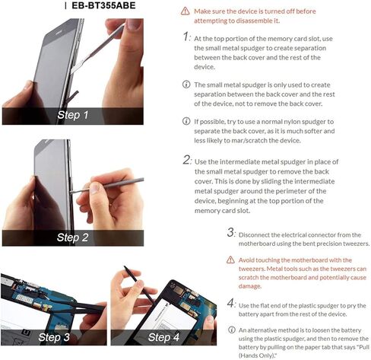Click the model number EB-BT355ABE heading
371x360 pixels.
pos(103,5)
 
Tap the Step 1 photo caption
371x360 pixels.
pos(73,115)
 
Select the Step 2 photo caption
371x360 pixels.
pos(72,237)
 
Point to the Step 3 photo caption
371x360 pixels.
pos(54,337)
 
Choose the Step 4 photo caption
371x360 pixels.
pos(163,337)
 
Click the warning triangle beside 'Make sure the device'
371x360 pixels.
pos(185,11)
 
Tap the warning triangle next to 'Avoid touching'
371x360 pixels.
pos(230,260)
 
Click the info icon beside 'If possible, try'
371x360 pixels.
pos(186,121)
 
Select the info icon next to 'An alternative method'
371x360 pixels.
pos(231,330)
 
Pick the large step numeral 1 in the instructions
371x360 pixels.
pos(186,37)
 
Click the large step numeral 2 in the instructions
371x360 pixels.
pos(187,160)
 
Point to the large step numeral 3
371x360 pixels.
pos(231,232)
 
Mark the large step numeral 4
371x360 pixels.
pos(231,303)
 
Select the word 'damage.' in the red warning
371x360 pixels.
pos(250,286)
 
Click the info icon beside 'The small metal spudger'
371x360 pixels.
pos(186,84)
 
